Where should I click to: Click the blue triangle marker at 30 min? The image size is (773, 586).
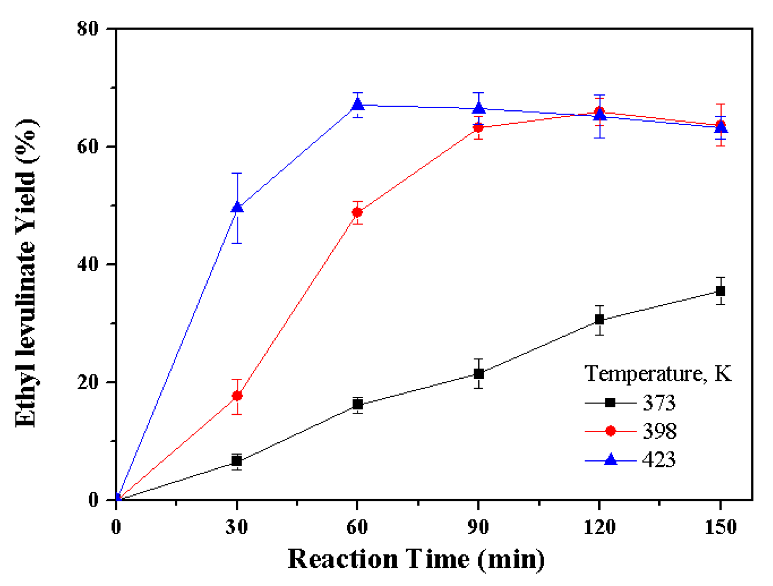coord(237,207)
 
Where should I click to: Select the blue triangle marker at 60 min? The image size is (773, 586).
coord(358,105)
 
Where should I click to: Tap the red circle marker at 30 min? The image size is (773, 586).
coord(237,396)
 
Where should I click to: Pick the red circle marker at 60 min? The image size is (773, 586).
coord(357,213)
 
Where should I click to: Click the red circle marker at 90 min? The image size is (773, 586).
coord(478,127)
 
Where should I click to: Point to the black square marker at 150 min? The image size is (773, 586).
coord(720,291)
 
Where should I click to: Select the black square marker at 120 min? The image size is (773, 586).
coord(599,319)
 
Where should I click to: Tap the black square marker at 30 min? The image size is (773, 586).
coord(237,461)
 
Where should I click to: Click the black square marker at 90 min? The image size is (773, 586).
coord(478,374)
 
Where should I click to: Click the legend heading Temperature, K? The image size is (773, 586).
coord(657,374)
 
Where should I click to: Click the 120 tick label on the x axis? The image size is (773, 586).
coord(599,526)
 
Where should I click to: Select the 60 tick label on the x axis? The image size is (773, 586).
coord(357,526)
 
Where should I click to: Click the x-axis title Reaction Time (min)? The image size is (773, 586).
coord(416,560)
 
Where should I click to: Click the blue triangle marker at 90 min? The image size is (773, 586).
coord(479,108)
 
